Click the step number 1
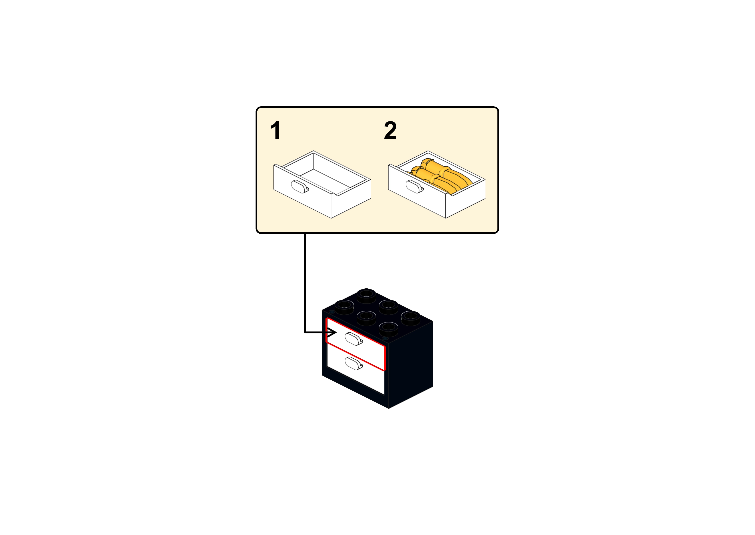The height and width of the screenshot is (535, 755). (x=275, y=130)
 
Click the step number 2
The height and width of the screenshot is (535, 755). (x=390, y=130)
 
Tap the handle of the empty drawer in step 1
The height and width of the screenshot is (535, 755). (x=300, y=187)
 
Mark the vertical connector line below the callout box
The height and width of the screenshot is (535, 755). (x=305, y=283)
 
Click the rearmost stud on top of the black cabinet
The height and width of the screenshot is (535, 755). (x=367, y=296)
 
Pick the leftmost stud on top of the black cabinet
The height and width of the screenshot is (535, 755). (x=344, y=307)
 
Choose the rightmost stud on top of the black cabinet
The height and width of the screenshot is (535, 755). (x=410, y=318)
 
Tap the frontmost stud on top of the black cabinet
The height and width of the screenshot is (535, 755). (x=388, y=329)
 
